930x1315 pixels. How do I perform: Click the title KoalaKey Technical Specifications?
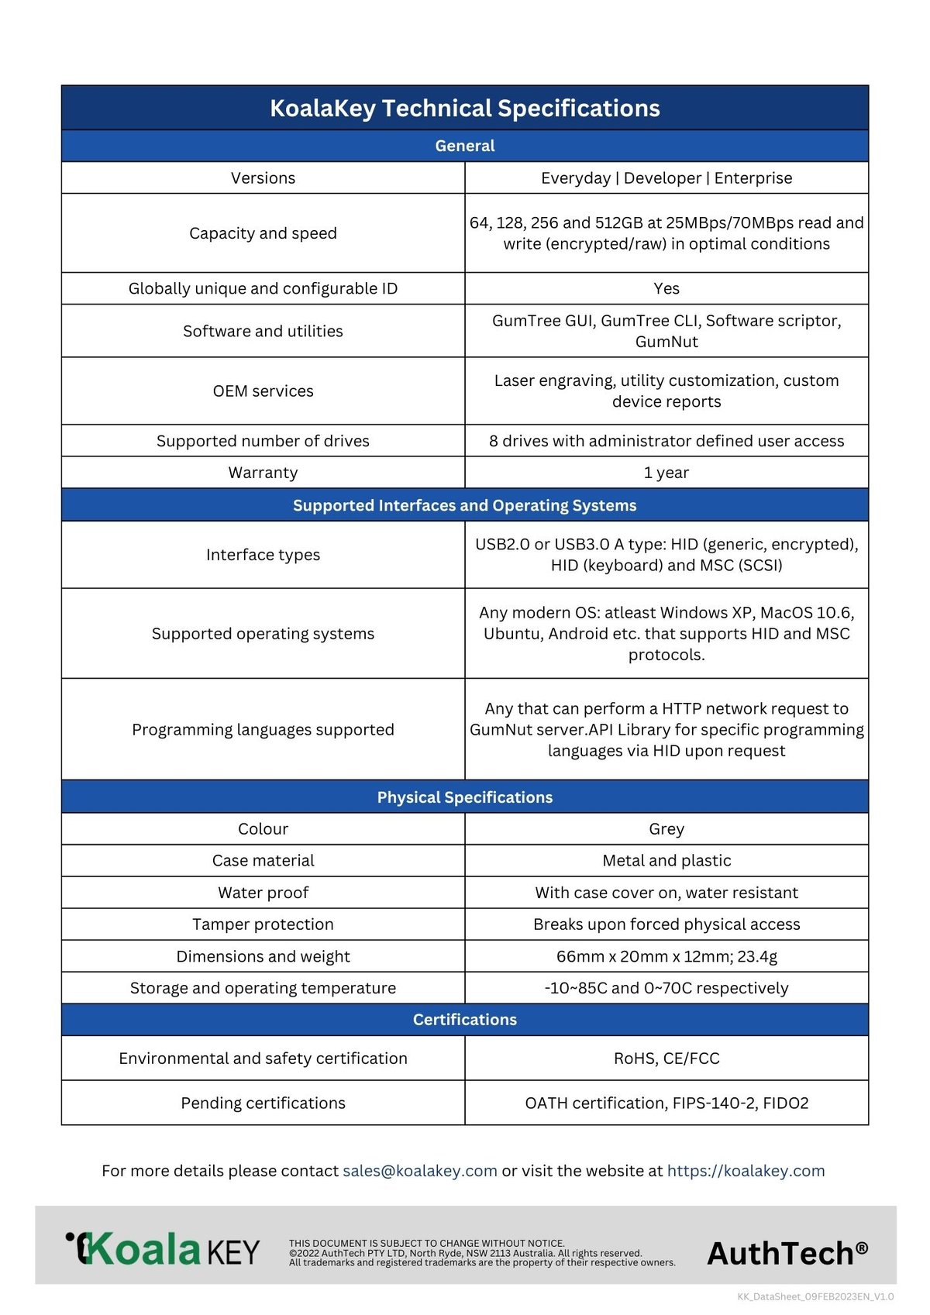(464, 108)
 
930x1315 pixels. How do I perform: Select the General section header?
(464, 146)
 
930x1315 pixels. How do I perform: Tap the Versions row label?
(263, 178)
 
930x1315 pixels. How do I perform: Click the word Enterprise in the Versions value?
(753, 178)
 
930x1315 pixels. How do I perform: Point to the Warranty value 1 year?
(666, 473)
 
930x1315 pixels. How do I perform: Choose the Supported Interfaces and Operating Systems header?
(464, 505)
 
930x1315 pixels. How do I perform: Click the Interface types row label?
(263, 555)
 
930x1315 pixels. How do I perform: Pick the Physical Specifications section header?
(464, 797)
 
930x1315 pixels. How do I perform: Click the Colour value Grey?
(666, 829)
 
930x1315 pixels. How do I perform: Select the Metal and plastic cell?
(666, 861)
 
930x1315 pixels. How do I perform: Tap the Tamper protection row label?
(263, 924)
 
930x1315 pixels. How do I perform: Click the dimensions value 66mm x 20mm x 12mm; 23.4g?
(666, 956)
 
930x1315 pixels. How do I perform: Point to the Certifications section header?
(464, 1020)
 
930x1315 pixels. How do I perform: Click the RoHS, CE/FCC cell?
(666, 1059)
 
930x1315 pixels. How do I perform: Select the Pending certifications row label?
(263, 1103)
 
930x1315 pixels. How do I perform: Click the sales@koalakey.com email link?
(419, 1171)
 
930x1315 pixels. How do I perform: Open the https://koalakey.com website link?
(746, 1171)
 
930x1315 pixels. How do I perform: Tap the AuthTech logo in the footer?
(787, 1253)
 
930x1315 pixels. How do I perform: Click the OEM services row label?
(263, 391)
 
